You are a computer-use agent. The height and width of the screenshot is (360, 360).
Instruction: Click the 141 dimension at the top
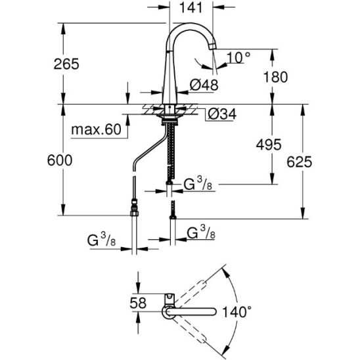click(191, 8)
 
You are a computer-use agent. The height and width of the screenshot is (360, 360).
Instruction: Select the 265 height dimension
click(66, 64)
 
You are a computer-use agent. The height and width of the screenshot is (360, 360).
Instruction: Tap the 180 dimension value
click(275, 77)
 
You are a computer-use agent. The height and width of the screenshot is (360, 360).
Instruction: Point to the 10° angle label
click(238, 57)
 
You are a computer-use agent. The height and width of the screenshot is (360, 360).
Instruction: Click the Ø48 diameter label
click(204, 85)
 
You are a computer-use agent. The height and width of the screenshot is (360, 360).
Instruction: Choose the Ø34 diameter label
click(222, 114)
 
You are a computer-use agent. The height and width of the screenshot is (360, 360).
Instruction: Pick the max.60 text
click(96, 129)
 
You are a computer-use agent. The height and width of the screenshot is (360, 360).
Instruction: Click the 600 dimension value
click(60, 160)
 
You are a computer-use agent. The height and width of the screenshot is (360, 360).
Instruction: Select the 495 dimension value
click(269, 145)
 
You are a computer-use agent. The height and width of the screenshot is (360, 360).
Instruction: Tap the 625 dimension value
click(299, 162)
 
